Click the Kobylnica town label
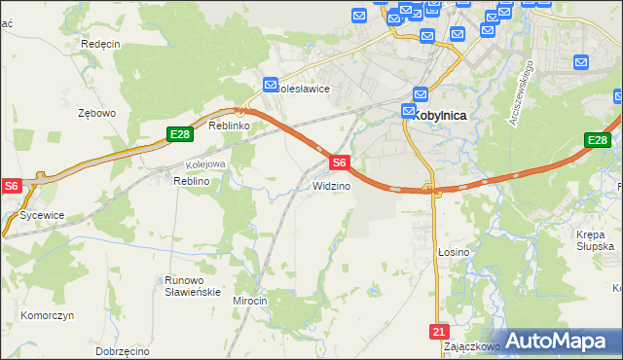439,115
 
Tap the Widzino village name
331,186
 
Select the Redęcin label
100,45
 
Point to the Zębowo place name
97,113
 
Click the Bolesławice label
304,89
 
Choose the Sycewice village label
42,214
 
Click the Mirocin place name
249,302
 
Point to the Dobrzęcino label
123,349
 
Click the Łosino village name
453,252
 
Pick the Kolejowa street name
205,164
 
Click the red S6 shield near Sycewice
11,185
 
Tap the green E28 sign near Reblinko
178,134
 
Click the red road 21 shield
438,332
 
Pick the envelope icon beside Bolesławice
271,85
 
